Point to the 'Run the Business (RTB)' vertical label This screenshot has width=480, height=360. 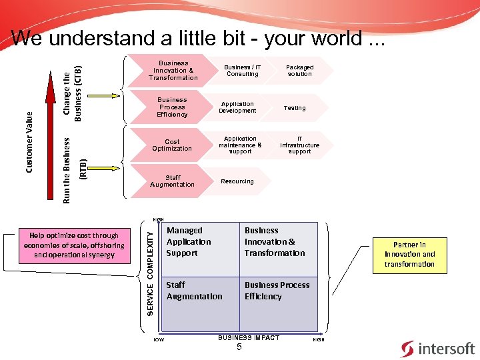click(73, 170)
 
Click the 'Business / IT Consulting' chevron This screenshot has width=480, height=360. click(242, 71)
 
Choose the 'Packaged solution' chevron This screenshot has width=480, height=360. click(299, 71)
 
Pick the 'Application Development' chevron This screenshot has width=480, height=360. click(237, 107)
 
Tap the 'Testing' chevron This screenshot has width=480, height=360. click(295, 107)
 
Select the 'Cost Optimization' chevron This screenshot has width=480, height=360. click(172, 145)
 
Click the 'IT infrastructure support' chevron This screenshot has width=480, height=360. click(299, 145)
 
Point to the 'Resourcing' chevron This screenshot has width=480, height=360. click(237, 181)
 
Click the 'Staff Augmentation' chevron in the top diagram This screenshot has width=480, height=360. click(172, 181)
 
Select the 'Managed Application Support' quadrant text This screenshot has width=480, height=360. click(189, 242)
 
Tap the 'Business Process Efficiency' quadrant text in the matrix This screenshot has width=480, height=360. click(277, 291)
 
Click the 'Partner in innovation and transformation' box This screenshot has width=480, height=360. click(409, 254)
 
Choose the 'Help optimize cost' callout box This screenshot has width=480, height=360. click(74, 245)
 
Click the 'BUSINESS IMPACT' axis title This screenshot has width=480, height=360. click(249, 338)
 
